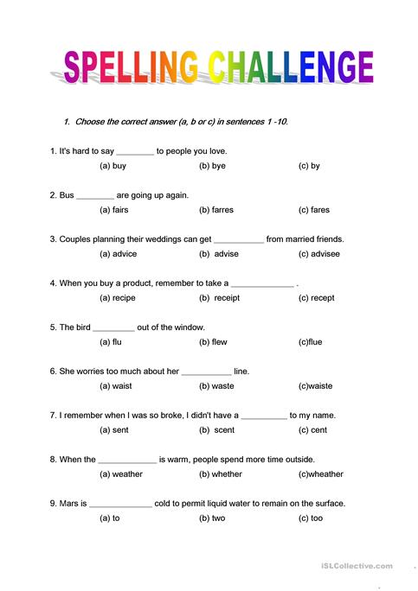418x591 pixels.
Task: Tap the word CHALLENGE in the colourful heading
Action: (287, 67)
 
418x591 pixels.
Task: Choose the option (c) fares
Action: (313, 210)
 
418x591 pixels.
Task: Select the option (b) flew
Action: (213, 342)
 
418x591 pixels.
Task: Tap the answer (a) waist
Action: (117, 386)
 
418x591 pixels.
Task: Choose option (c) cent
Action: (312, 429)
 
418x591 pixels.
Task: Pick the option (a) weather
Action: (121, 473)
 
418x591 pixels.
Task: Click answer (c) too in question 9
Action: (311, 518)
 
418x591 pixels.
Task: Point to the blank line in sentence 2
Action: (95, 196)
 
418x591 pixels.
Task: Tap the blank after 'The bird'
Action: (113, 328)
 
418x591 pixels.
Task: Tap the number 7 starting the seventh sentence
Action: (53, 416)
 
